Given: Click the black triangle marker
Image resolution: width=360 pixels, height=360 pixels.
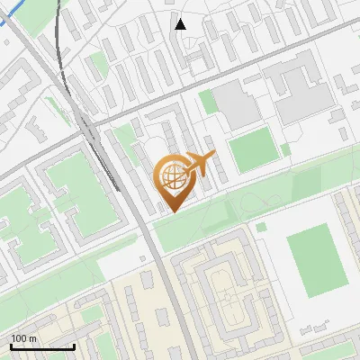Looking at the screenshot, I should [x=181, y=24].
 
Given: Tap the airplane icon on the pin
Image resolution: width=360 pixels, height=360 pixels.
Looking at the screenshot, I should [x=198, y=166].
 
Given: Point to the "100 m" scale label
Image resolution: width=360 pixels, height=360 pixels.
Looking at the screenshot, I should [x=23, y=338].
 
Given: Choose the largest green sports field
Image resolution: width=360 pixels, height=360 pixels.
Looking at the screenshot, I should [x=316, y=260].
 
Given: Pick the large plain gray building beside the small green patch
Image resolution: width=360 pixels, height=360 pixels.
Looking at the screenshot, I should [x=237, y=105].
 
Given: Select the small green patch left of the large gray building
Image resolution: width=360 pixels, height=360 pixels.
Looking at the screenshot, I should [x=208, y=101].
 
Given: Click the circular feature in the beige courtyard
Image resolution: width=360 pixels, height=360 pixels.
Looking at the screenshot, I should [x=230, y=309].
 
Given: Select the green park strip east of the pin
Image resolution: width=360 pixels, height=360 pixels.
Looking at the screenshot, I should [x=270, y=198].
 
